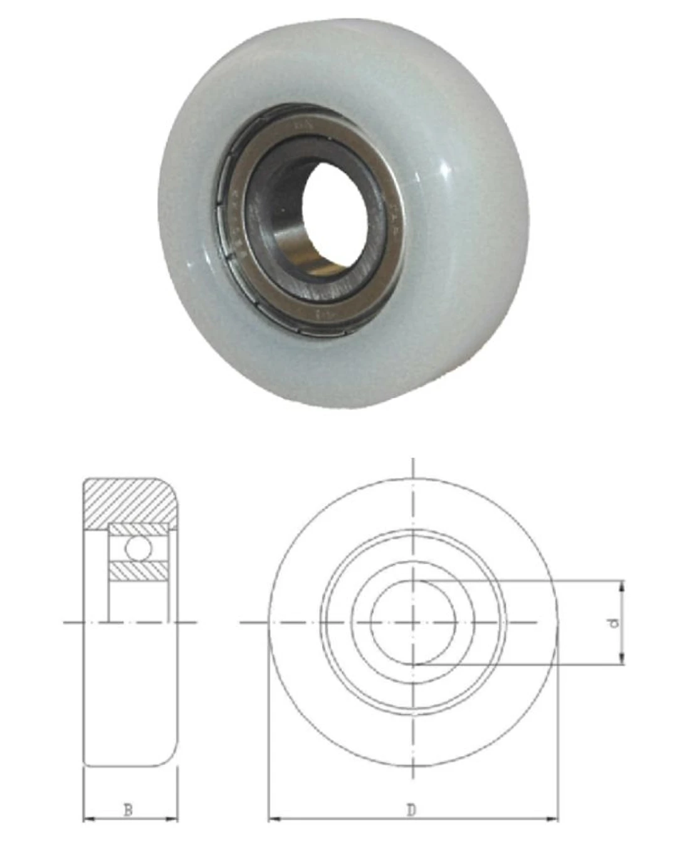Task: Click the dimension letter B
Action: coord(128,810)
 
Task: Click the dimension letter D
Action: coord(411,810)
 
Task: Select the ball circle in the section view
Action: coord(138,547)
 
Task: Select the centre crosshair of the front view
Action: coord(412,622)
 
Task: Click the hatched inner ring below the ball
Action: coord(138,571)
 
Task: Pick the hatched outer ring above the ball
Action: coord(138,530)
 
